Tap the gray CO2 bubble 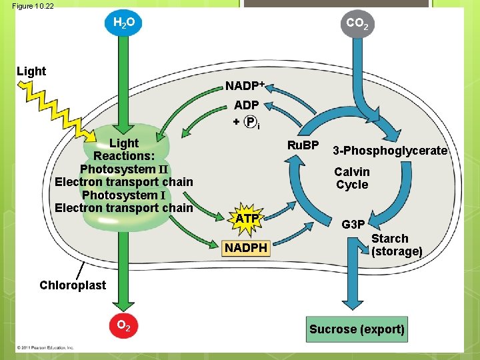tap(356, 24)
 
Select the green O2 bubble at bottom tap(124, 325)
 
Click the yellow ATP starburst tap(247, 219)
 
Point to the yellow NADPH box tap(245, 248)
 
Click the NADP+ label tap(245, 86)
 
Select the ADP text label tap(246, 105)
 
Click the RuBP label tap(303, 145)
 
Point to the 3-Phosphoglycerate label tap(390, 151)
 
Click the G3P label tap(353, 224)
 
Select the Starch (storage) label tap(397, 245)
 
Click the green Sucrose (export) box tap(357, 329)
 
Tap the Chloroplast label tap(72, 285)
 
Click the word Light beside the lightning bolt tap(31, 71)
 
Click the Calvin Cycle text tap(352, 178)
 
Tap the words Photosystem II tap(123, 169)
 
